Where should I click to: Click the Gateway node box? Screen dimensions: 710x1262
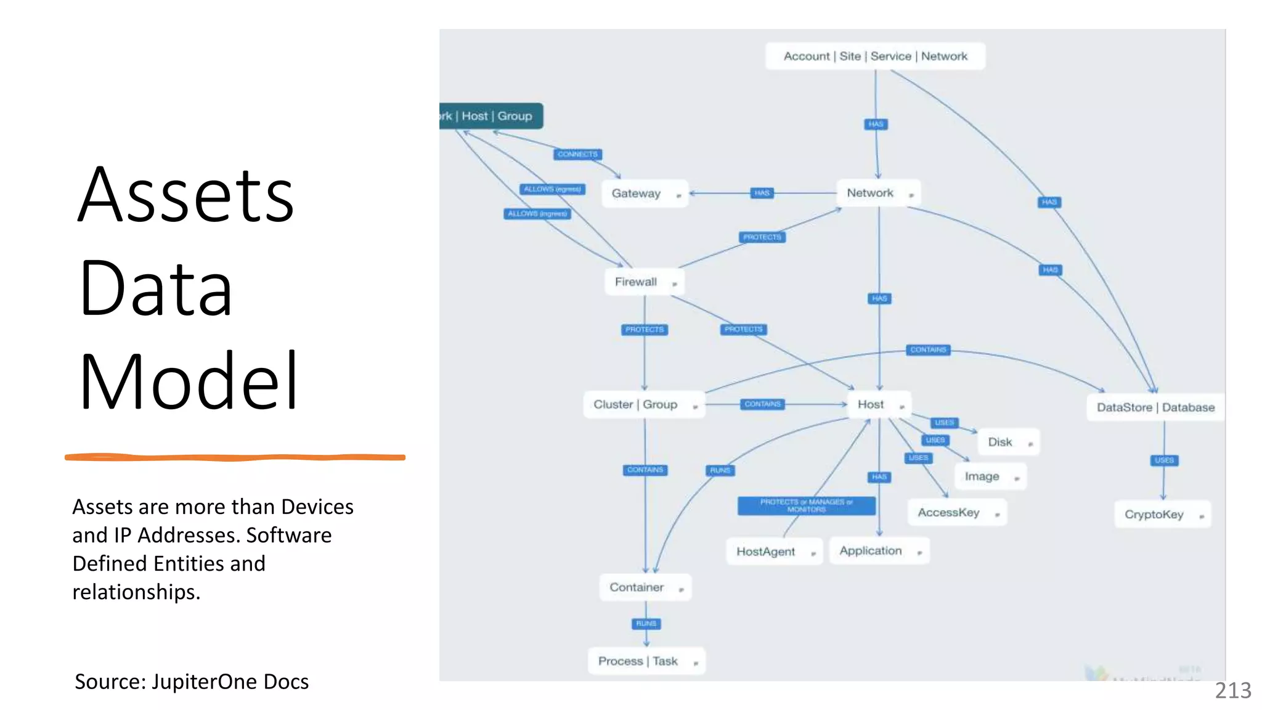[x=644, y=194]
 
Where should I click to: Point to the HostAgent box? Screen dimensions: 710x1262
[x=774, y=552]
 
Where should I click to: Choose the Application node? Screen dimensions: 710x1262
[x=879, y=551]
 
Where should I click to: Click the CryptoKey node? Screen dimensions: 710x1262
[x=1162, y=515]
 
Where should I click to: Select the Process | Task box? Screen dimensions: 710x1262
[x=646, y=661]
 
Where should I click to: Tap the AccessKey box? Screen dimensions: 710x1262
[x=957, y=513]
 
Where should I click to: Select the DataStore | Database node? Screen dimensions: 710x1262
[x=1155, y=407]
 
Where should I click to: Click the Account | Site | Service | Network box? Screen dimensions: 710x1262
[x=875, y=56]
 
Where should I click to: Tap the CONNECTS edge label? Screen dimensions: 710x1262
[x=577, y=154]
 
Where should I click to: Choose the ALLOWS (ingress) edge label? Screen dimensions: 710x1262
[x=537, y=214]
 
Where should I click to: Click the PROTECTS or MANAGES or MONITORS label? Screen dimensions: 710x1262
[x=806, y=505]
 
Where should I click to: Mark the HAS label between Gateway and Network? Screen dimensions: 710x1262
[x=762, y=193]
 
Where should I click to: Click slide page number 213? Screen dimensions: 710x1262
[x=1232, y=690]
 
